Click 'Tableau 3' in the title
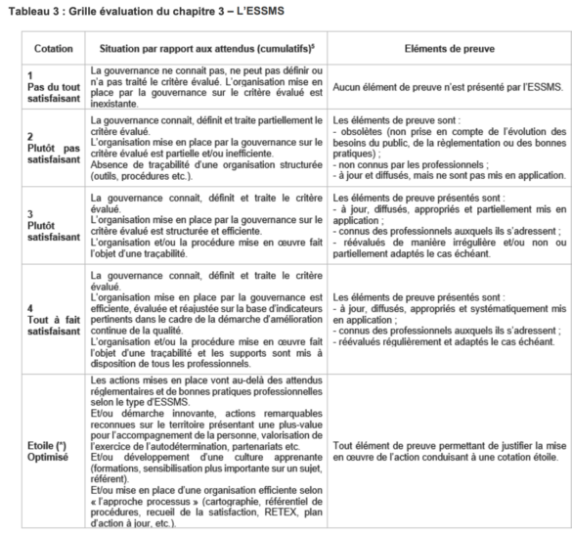click(x=30, y=10)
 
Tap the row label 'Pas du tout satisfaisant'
click(x=46, y=87)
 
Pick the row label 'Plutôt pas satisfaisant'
click(x=46, y=154)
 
